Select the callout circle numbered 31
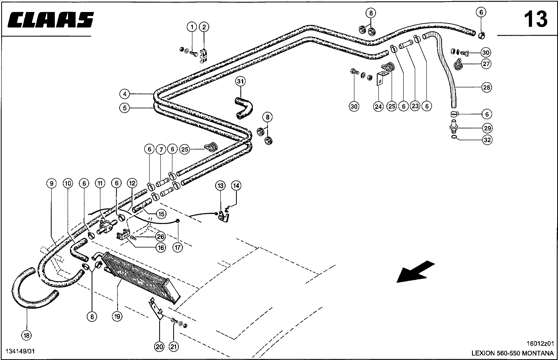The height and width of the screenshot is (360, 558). coord(240,82)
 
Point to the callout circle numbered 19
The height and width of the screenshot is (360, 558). coord(117,316)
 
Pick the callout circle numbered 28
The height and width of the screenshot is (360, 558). coord(486,88)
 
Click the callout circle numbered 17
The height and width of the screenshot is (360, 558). coord(177,247)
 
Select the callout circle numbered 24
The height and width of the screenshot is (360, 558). coord(378,106)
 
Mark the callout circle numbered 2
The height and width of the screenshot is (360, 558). coord(204,27)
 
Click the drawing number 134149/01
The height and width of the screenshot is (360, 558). coord(20,351)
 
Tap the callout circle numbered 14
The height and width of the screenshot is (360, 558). coord(236,186)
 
